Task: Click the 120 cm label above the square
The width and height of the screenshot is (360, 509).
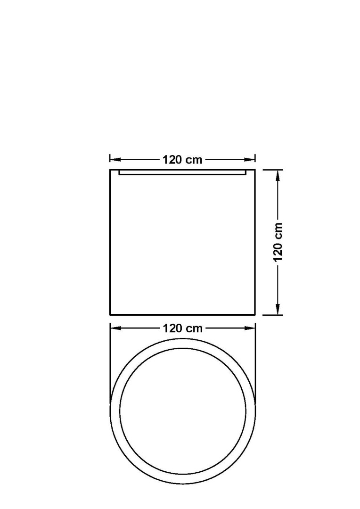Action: pyautogui.click(x=182, y=160)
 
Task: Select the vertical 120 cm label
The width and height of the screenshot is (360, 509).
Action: pyautogui.click(x=278, y=242)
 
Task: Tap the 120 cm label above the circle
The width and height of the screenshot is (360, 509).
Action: pyautogui.click(x=182, y=328)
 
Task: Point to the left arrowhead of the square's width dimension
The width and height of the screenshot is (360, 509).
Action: pyautogui.click(x=115, y=159)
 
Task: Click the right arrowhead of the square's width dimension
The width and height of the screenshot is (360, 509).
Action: pyautogui.click(x=250, y=159)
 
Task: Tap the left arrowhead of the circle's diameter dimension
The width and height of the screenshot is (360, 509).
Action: pyautogui.click(x=115, y=328)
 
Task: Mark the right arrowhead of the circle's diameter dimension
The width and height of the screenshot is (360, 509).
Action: pyautogui.click(x=250, y=328)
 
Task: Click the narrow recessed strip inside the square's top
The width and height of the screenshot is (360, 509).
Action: pyautogui.click(x=182, y=172)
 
